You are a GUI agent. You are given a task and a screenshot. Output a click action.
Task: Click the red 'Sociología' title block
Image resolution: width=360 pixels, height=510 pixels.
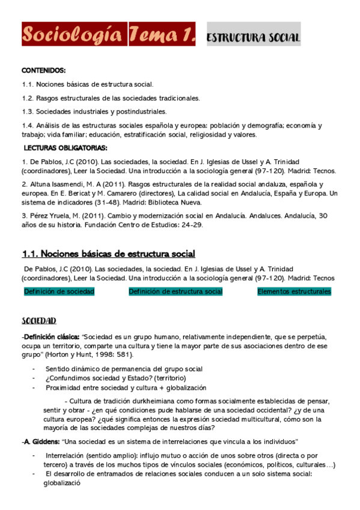pos(74,35)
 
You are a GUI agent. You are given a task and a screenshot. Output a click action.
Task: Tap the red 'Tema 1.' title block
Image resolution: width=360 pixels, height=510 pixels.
pos(162,35)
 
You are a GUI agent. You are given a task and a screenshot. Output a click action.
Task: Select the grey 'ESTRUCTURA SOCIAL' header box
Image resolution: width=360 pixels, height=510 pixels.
pos(253,37)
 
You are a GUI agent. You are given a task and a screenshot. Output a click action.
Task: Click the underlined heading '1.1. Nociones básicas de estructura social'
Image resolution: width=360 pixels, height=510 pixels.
pos(108,254)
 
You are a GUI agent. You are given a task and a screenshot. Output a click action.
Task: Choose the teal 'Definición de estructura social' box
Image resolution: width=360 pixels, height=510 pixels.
pos(175,292)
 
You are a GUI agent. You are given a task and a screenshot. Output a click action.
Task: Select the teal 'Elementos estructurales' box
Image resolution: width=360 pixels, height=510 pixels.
pos(294,292)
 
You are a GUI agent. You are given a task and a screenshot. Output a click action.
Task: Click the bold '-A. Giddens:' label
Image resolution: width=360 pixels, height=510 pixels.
pos(40,442)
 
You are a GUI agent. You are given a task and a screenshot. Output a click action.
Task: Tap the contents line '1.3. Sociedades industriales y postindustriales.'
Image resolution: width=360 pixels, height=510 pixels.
pos(94,112)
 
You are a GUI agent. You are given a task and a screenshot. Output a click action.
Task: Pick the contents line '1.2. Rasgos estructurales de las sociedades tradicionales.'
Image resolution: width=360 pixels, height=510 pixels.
pos(111,98)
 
